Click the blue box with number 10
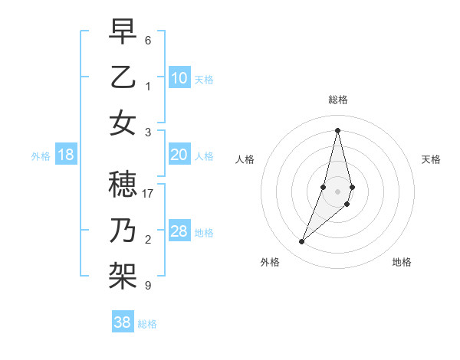(179, 78)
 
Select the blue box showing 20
(179, 155)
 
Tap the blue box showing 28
(179, 231)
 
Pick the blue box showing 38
(122, 322)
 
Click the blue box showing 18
(66, 155)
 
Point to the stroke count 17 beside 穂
(148, 194)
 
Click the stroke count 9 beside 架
(148, 286)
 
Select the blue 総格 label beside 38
(147, 324)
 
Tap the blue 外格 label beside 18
(41, 156)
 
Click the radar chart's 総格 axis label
(337, 100)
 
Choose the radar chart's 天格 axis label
(431, 159)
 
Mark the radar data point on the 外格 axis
(302, 242)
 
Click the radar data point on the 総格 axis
(337, 129)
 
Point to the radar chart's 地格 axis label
(402, 262)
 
